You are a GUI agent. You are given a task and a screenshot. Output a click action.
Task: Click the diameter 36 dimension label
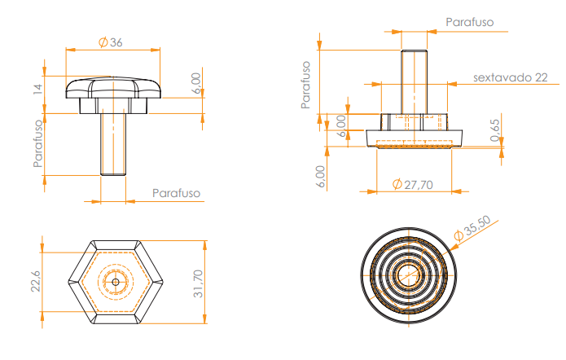click(111, 42)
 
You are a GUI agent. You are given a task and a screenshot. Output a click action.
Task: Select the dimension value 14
click(37, 89)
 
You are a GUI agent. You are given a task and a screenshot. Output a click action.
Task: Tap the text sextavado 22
click(510, 77)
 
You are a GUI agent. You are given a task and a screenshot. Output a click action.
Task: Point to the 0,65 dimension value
click(496, 130)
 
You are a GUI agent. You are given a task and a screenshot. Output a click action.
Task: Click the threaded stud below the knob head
click(112, 143)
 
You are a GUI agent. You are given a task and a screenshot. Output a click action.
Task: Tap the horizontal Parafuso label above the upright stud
click(470, 23)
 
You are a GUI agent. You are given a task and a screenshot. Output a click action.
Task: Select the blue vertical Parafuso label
click(37, 143)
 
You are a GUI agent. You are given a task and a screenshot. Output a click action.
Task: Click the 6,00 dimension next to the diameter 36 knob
click(195, 84)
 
